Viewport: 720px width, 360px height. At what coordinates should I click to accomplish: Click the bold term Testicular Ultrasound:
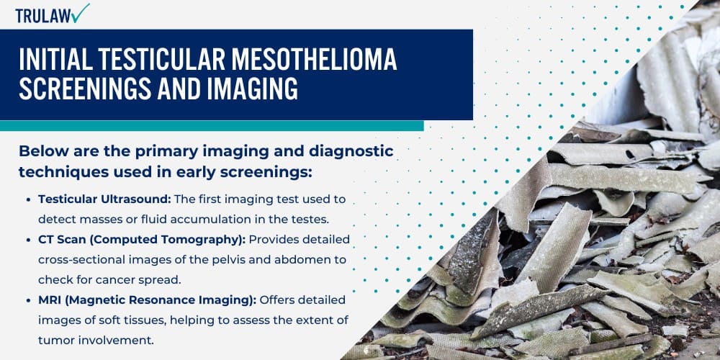[92, 199]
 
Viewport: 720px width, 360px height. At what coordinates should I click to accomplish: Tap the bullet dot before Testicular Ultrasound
[29, 199]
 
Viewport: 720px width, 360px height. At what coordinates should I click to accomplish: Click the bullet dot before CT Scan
[29, 239]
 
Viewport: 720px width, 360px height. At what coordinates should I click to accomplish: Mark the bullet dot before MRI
[29, 300]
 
